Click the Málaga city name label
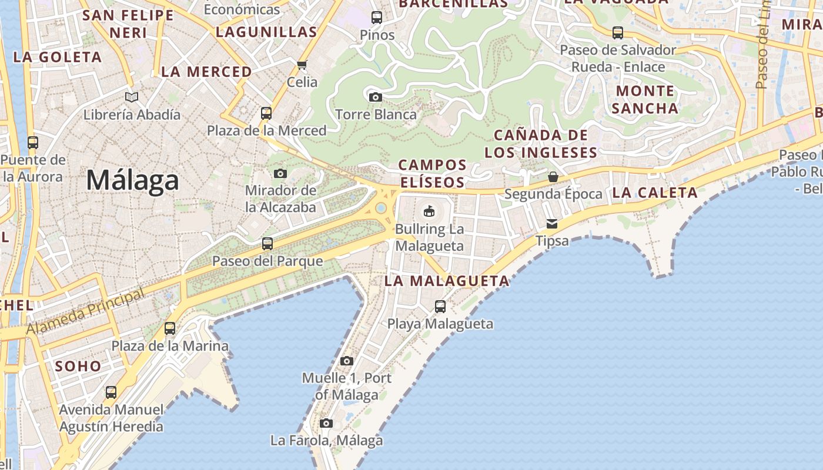[132, 180]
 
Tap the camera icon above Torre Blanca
[375, 97]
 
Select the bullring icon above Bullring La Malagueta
[429, 211]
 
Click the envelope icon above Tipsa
[552, 224]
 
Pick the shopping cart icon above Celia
[302, 65]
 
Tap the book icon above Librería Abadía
[132, 97]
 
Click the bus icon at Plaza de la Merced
[266, 113]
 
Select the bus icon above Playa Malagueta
[440, 306]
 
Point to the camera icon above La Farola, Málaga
[326, 423]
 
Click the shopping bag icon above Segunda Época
[553, 176]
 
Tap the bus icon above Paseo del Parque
[267, 243]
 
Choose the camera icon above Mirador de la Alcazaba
[280, 173]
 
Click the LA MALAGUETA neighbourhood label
[447, 281]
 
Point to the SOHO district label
[78, 366]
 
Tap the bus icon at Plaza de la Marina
[170, 328]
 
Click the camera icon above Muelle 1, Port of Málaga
[347, 361]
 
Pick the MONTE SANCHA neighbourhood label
[645, 99]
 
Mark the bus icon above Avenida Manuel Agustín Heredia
[111, 392]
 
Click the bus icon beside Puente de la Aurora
[33, 142]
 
